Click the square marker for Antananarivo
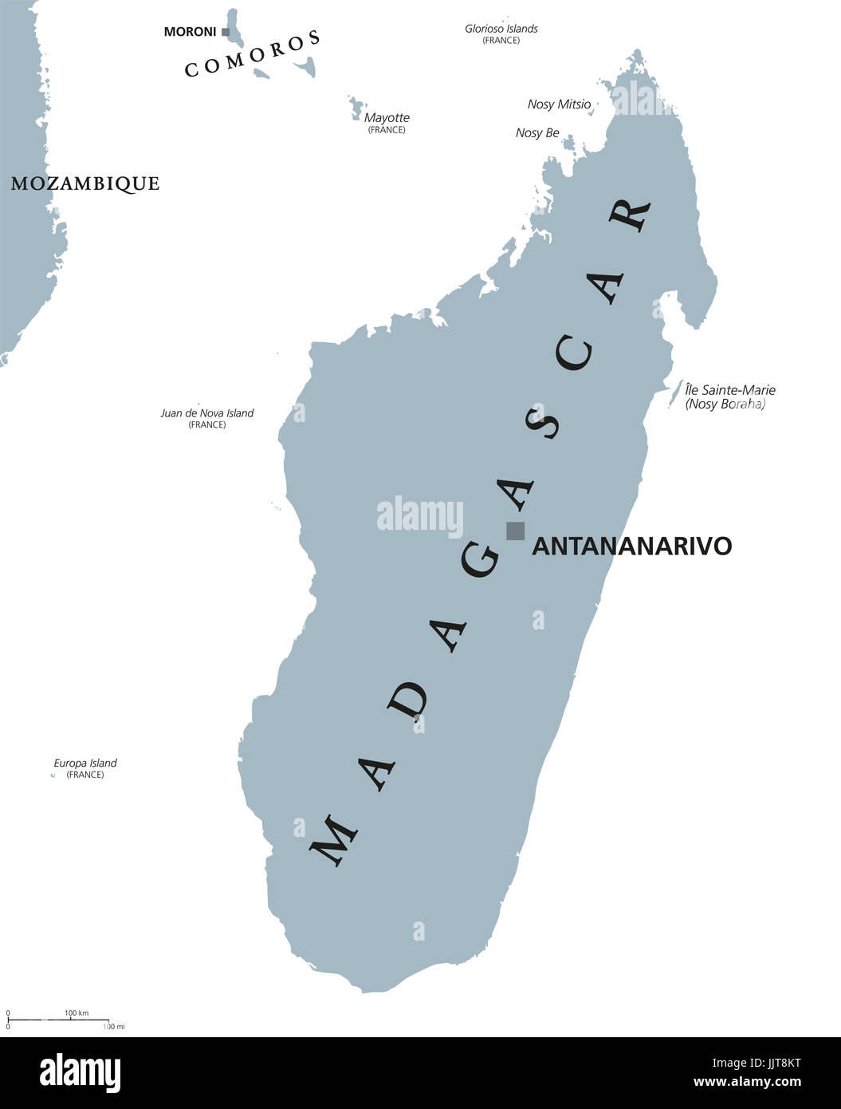[x=516, y=531]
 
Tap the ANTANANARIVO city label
[x=631, y=547]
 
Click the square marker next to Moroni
[x=226, y=32]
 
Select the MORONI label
[x=190, y=32]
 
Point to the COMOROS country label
[x=253, y=54]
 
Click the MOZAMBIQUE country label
[x=84, y=184]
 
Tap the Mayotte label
[x=387, y=118]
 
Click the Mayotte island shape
[x=356, y=107]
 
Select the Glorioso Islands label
[x=501, y=29]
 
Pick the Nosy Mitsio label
[x=559, y=105]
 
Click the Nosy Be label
[x=537, y=133]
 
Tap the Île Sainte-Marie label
[x=730, y=390]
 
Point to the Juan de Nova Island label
[x=207, y=413]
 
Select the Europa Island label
[x=84, y=764]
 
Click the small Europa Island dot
[x=53, y=775]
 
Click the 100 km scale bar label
[x=77, y=1013]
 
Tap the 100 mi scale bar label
[x=114, y=1026]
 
